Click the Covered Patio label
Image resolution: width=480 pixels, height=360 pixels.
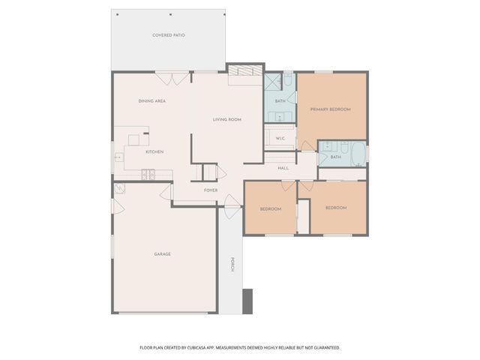click(169, 35)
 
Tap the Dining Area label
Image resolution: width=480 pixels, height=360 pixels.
click(151, 100)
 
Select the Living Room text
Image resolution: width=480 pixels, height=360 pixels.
click(226, 119)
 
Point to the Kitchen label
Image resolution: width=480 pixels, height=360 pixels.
click(154, 151)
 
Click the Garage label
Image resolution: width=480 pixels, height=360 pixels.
click(162, 254)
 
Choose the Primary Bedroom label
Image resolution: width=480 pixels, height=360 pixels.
click(330, 109)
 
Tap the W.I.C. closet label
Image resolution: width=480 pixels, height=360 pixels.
click(280, 138)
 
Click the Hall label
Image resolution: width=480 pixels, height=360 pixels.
click(283, 168)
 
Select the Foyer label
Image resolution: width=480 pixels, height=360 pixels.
click(211, 190)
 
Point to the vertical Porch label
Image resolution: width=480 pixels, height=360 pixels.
click(232, 265)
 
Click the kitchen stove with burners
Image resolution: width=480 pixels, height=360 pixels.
click(148, 175)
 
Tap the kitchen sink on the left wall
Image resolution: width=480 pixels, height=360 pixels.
click(118, 157)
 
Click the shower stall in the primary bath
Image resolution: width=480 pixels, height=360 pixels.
click(271, 82)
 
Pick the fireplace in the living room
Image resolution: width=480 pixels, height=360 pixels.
click(241, 71)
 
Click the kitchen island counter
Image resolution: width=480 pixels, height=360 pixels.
click(134, 139)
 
